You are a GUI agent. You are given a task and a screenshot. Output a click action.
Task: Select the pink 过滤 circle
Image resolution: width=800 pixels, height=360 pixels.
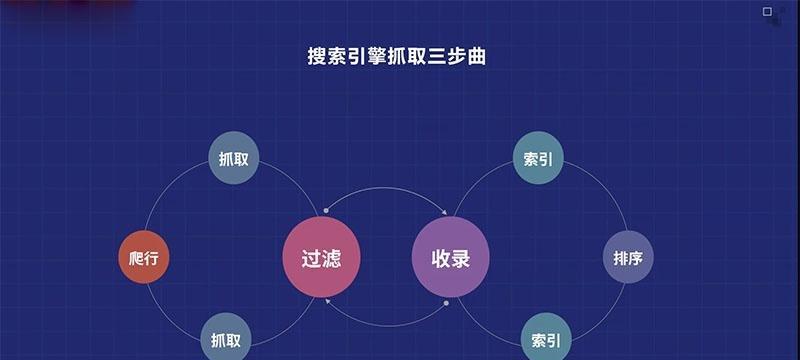pyautogui.click(x=321, y=257)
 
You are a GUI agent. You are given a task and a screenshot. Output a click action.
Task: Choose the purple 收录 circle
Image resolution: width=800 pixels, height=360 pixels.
pyautogui.click(x=450, y=257)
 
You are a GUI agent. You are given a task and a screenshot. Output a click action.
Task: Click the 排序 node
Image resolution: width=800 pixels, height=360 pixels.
pyautogui.click(x=628, y=258)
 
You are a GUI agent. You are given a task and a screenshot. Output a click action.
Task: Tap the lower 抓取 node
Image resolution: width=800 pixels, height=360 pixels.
pyautogui.click(x=227, y=337)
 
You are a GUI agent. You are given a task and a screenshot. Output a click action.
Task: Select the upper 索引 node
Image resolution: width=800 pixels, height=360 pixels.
pyautogui.click(x=538, y=159)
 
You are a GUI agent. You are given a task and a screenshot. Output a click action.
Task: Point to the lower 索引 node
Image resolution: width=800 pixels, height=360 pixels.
pyautogui.click(x=545, y=337)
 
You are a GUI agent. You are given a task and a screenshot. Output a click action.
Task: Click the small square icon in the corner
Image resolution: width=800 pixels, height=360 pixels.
pyautogui.click(x=768, y=12)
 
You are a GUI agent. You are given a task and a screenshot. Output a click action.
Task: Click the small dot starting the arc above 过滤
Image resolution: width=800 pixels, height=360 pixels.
pyautogui.click(x=326, y=211)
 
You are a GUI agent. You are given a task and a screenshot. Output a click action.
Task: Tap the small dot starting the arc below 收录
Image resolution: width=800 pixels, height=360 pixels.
pyautogui.click(x=446, y=302)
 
